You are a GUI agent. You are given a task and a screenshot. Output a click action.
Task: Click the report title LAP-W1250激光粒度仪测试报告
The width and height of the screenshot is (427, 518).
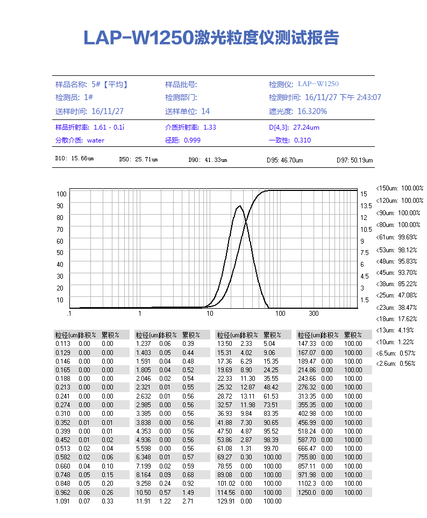[x=211, y=38]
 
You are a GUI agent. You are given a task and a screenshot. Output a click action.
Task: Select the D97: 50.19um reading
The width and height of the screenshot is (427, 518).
[x=354, y=160]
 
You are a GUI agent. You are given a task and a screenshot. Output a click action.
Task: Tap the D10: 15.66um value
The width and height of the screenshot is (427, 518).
[x=75, y=159]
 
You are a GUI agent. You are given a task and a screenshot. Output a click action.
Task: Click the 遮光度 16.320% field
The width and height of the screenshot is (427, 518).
[x=298, y=111]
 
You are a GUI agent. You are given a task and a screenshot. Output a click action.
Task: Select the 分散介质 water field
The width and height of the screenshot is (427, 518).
[x=80, y=140]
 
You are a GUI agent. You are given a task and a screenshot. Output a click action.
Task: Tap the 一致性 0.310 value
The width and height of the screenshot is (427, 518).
[x=290, y=140]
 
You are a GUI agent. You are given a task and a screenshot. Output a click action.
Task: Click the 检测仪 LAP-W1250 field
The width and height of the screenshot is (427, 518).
[x=304, y=84]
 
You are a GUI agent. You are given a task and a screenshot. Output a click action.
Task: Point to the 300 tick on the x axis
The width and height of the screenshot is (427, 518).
[x=314, y=314]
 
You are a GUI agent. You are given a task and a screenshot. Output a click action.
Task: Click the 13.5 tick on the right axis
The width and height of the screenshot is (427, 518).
[x=366, y=206]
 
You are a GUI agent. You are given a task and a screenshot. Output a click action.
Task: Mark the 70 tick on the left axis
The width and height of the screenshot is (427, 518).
[x=60, y=229]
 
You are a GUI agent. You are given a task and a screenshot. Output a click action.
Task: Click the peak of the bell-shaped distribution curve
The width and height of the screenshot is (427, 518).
[x=239, y=206]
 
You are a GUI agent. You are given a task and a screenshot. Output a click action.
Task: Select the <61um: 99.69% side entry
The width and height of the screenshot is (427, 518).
[x=400, y=237]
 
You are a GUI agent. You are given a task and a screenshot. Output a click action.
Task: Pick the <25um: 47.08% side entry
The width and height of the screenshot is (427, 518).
[x=400, y=295]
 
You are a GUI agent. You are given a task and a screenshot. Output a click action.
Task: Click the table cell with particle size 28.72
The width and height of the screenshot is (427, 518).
[x=224, y=396]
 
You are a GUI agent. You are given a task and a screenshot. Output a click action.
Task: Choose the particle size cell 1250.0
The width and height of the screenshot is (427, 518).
[x=307, y=492]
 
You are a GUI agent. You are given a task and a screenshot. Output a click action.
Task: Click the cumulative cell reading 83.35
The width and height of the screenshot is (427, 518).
[x=271, y=413]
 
